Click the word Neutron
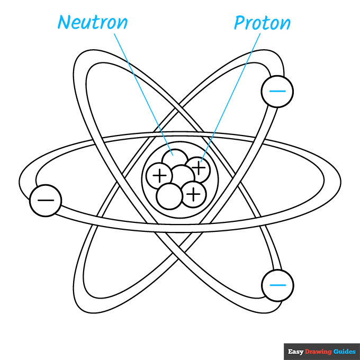pyautogui.click(x=93, y=23)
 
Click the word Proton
pyautogui.click(x=263, y=23)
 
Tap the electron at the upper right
pyautogui.click(x=277, y=91)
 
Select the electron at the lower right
pyautogui.click(x=277, y=285)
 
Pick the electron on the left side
pyautogui.click(x=46, y=201)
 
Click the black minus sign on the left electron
pyautogui.click(x=46, y=201)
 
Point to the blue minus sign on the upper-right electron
pyautogui.click(x=277, y=91)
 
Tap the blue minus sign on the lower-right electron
pyautogui.click(x=277, y=285)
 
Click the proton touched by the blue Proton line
pyautogui.click(x=199, y=168)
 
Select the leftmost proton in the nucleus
pyautogui.click(x=158, y=175)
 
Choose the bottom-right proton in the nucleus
pyautogui.click(x=194, y=194)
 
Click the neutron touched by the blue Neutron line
pyautogui.click(x=173, y=158)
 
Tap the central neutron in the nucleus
pyautogui.click(x=182, y=176)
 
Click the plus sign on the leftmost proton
pyautogui.click(x=158, y=175)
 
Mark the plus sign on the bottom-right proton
pyautogui.click(x=194, y=194)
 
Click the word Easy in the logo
pyautogui.click(x=295, y=352)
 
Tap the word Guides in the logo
pyautogui.click(x=345, y=352)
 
